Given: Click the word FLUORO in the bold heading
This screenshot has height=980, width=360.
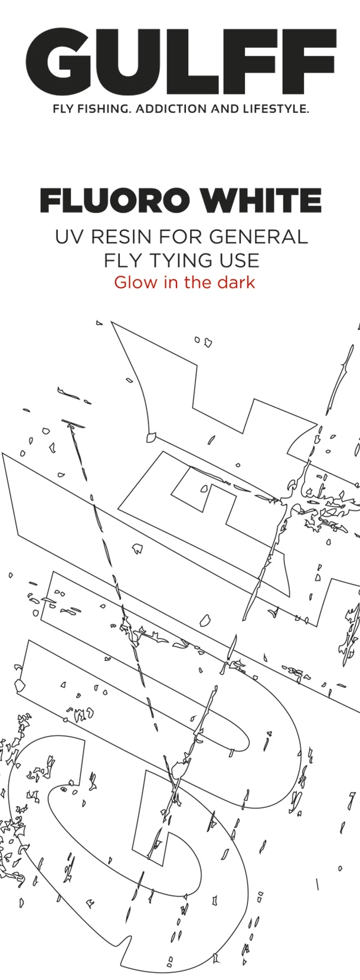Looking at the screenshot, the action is click(115, 201).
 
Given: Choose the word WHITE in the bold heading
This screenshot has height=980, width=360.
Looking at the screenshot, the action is click(260, 201).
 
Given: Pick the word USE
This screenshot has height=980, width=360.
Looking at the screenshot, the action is click(239, 260).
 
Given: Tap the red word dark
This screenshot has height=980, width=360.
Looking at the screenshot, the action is click(235, 282).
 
